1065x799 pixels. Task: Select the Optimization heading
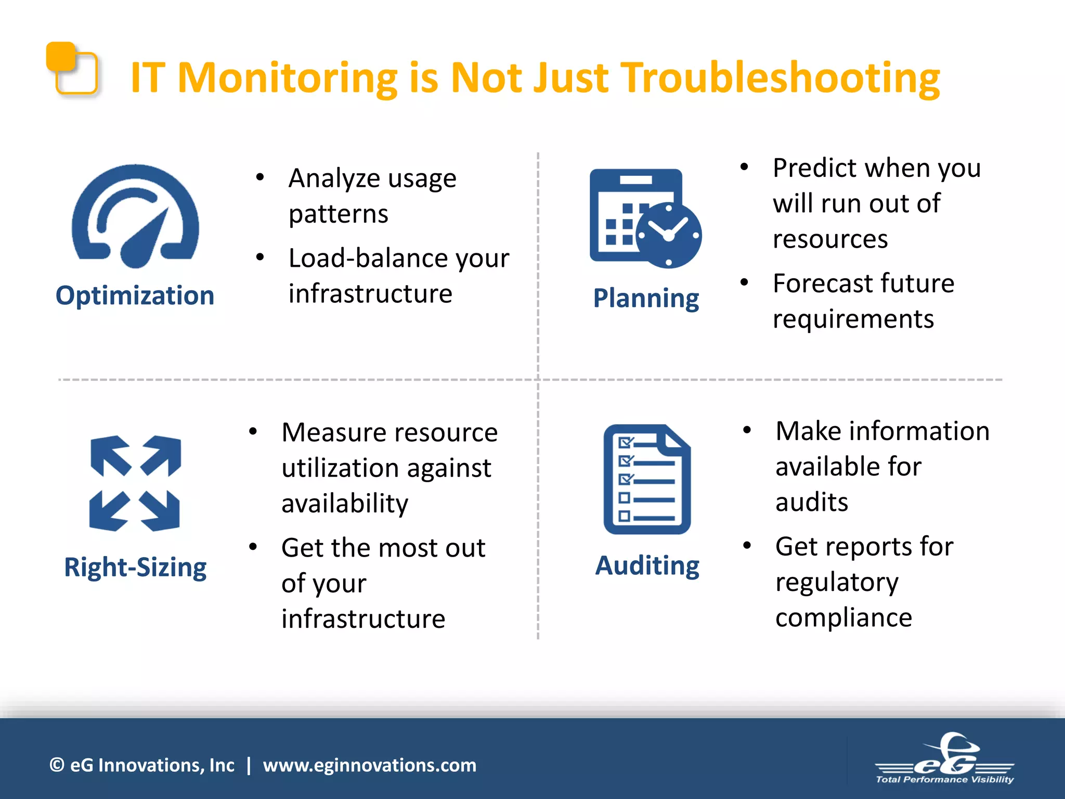coord(135,295)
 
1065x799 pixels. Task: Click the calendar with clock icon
coord(645,218)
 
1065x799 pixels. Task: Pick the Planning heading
coord(646,299)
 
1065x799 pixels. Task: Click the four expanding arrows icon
coord(135,483)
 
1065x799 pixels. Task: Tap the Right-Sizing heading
coord(135,567)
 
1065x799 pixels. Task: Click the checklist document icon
coord(647,480)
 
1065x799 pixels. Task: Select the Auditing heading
coord(647,565)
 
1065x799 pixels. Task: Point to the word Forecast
coord(819,283)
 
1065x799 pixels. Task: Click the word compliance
coord(843,617)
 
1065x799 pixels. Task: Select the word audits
coord(812,502)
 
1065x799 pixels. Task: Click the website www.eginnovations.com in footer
coord(369,765)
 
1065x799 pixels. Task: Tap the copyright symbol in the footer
coord(57,765)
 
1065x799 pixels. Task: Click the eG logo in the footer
coord(944,758)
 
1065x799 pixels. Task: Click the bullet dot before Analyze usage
coord(260,178)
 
